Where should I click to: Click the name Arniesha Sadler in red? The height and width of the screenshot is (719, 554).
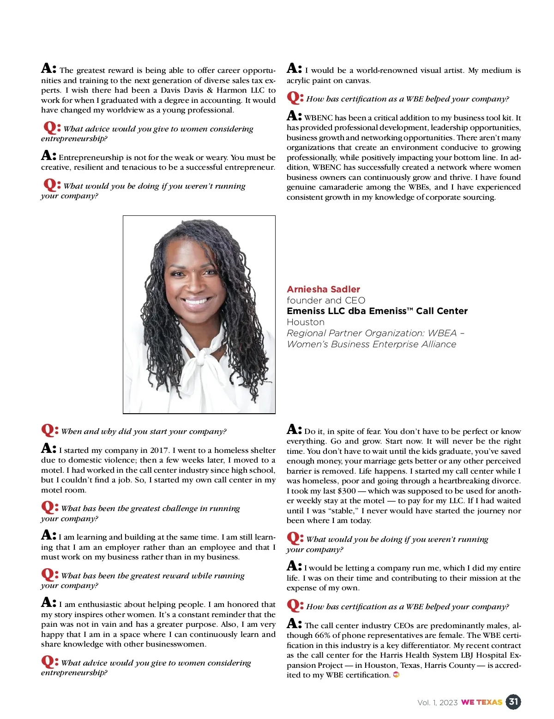pos(323,289)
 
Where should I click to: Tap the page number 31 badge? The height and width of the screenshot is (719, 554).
pos(513,702)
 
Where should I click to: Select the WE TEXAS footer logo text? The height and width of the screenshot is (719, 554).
pos(482,702)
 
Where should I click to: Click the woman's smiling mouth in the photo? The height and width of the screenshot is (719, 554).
pos(196,302)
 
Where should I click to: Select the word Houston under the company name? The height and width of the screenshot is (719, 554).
pos(306,322)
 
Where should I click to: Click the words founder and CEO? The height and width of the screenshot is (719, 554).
pos(325,300)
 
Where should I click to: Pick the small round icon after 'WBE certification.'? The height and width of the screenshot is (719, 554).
pos(396,675)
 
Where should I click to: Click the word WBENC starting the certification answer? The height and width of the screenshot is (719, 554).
pos(319,118)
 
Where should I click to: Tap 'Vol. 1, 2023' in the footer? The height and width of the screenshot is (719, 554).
pos(437,702)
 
